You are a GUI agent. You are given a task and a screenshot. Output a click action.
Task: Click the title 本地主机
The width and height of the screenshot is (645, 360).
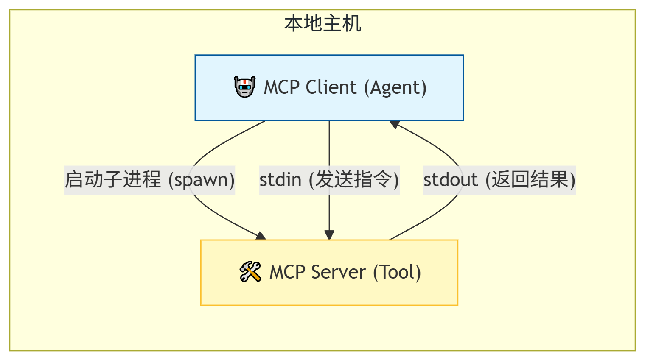click(x=322, y=23)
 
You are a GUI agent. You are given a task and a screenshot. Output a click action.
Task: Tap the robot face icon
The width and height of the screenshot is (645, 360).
click(x=245, y=87)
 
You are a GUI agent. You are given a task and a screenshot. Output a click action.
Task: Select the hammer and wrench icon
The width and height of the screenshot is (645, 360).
click(x=250, y=272)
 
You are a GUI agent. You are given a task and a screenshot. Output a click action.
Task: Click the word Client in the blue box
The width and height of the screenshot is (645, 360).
click(x=331, y=87)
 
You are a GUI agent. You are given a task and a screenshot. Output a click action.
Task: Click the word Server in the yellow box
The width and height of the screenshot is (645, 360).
click(x=338, y=272)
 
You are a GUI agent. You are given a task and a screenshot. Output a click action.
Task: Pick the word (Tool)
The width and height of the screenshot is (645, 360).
click(x=397, y=272)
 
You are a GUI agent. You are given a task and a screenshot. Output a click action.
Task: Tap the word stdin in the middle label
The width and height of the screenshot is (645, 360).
click(x=280, y=180)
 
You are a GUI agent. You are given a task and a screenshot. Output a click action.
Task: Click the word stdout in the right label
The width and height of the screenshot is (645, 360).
click(x=450, y=180)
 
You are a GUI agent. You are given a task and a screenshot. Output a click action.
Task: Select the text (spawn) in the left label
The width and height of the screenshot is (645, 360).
click(x=202, y=180)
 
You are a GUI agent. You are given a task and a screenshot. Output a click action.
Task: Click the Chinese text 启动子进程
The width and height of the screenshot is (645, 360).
click(x=113, y=180)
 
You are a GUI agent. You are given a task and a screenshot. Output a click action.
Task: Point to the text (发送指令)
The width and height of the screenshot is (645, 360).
click(x=354, y=180)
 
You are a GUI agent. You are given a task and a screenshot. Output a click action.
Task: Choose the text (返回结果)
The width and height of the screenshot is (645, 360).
click(x=530, y=180)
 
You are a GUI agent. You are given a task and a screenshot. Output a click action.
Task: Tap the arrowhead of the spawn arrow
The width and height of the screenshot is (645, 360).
click(x=261, y=236)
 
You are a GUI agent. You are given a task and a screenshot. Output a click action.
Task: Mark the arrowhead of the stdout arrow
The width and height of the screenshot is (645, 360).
click(x=395, y=124)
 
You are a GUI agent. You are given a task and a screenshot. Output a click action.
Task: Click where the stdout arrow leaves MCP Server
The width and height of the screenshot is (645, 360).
click(x=390, y=240)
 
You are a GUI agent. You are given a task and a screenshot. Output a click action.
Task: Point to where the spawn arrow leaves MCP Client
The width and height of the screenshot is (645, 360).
click(x=266, y=121)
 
